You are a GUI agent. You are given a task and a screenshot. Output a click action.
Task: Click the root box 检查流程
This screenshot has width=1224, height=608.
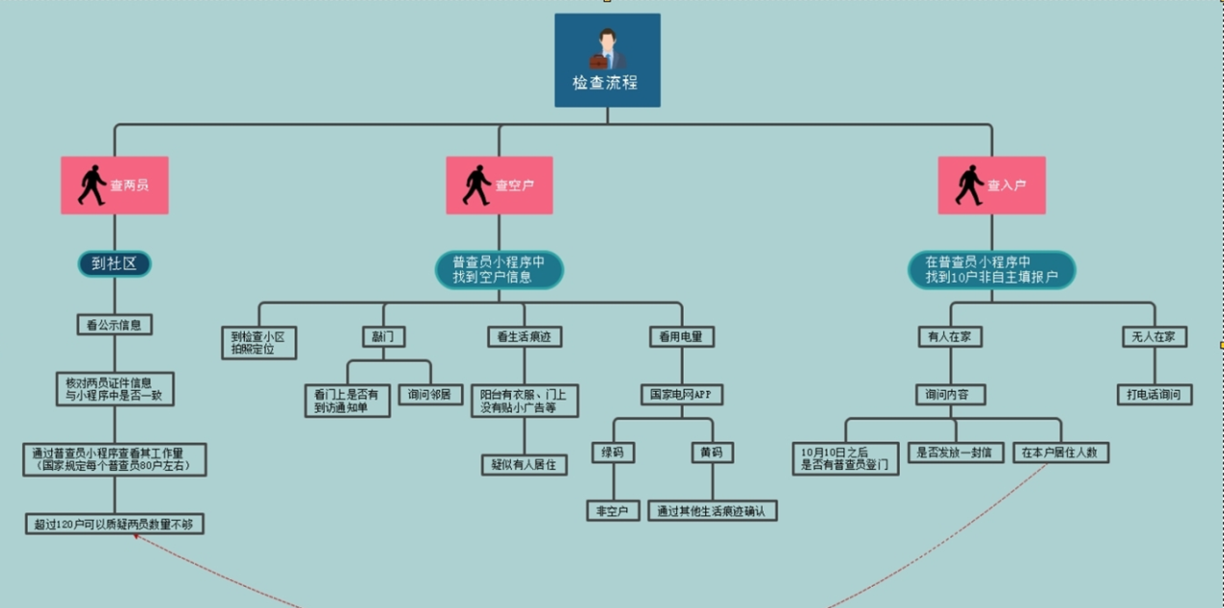tap(607, 60)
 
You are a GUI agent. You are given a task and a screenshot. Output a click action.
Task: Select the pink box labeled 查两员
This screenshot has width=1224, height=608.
tap(115, 185)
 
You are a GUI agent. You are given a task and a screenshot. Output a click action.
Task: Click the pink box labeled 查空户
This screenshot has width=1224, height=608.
tap(499, 185)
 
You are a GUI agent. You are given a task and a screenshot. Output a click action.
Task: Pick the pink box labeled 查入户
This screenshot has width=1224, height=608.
tap(991, 185)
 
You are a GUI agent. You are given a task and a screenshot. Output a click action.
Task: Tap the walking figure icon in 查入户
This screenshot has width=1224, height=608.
tap(968, 185)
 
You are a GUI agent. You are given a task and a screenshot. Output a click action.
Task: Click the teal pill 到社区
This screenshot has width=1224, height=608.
tap(115, 263)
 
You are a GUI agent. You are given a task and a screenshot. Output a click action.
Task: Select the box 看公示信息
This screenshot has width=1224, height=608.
tap(115, 324)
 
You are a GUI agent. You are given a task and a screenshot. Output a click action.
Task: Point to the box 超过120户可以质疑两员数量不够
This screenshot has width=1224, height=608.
tap(115, 525)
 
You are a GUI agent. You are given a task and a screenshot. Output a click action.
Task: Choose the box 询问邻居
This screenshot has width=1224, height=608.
tap(429, 395)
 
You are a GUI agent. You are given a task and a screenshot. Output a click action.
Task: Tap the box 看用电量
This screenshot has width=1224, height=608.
tap(681, 337)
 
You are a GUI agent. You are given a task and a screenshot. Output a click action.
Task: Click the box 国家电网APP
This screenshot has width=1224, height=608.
tap(681, 395)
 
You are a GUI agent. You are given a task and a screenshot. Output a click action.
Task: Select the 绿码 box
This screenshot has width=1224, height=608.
tap(612, 453)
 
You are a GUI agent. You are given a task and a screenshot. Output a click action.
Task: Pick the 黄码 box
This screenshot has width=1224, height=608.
tap(713, 453)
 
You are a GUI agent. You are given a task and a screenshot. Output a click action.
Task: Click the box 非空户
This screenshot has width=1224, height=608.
tap(612, 511)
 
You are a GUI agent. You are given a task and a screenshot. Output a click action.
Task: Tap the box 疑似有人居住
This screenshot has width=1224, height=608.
tap(524, 464)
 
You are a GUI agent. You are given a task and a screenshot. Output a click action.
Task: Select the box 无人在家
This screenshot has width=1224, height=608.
tap(1154, 337)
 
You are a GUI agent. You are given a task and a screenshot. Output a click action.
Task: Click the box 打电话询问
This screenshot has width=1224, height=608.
tap(1154, 395)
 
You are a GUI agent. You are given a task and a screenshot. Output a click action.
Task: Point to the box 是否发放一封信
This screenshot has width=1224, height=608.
tap(955, 453)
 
